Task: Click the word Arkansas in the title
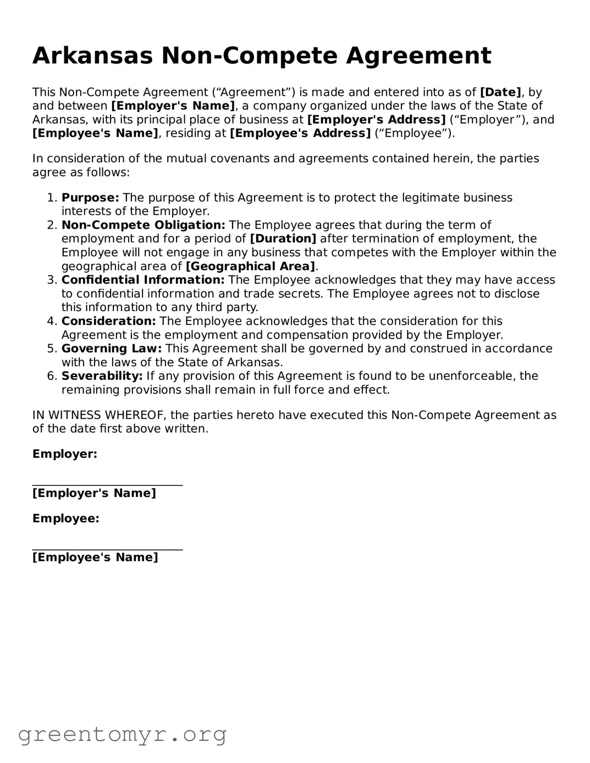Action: pos(92,56)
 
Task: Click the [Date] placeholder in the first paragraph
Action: pos(500,92)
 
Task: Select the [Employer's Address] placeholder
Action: pos(376,120)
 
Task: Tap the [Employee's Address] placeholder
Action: pos(300,134)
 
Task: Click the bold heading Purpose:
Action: pos(90,198)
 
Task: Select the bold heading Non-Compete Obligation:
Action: pos(144,225)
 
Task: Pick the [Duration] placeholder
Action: pos(283,239)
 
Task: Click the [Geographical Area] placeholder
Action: pos(251,267)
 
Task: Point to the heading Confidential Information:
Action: pos(143,280)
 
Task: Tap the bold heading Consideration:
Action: pos(109,322)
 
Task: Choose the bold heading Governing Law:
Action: pos(112,349)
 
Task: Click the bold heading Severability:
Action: pos(102,377)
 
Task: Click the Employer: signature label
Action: pos(65,454)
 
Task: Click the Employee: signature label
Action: pos(66,518)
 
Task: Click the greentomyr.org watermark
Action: pos(122,734)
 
